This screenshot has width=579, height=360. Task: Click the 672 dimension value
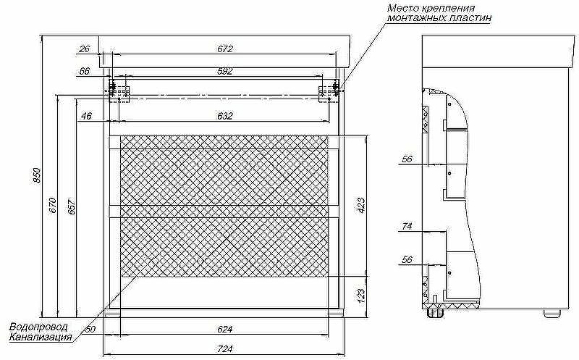pos(225,49)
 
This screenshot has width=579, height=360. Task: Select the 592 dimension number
pos(225,71)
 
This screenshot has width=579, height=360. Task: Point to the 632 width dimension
pos(225,115)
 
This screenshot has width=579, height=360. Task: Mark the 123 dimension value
pos(362,294)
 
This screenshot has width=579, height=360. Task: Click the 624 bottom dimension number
pos(225,330)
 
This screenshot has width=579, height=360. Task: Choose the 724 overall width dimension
pos(225,349)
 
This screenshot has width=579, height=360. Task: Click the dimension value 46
pos(87,115)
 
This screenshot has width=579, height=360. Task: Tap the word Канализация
pos(41,337)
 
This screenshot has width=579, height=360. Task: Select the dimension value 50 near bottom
pos(90,330)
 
